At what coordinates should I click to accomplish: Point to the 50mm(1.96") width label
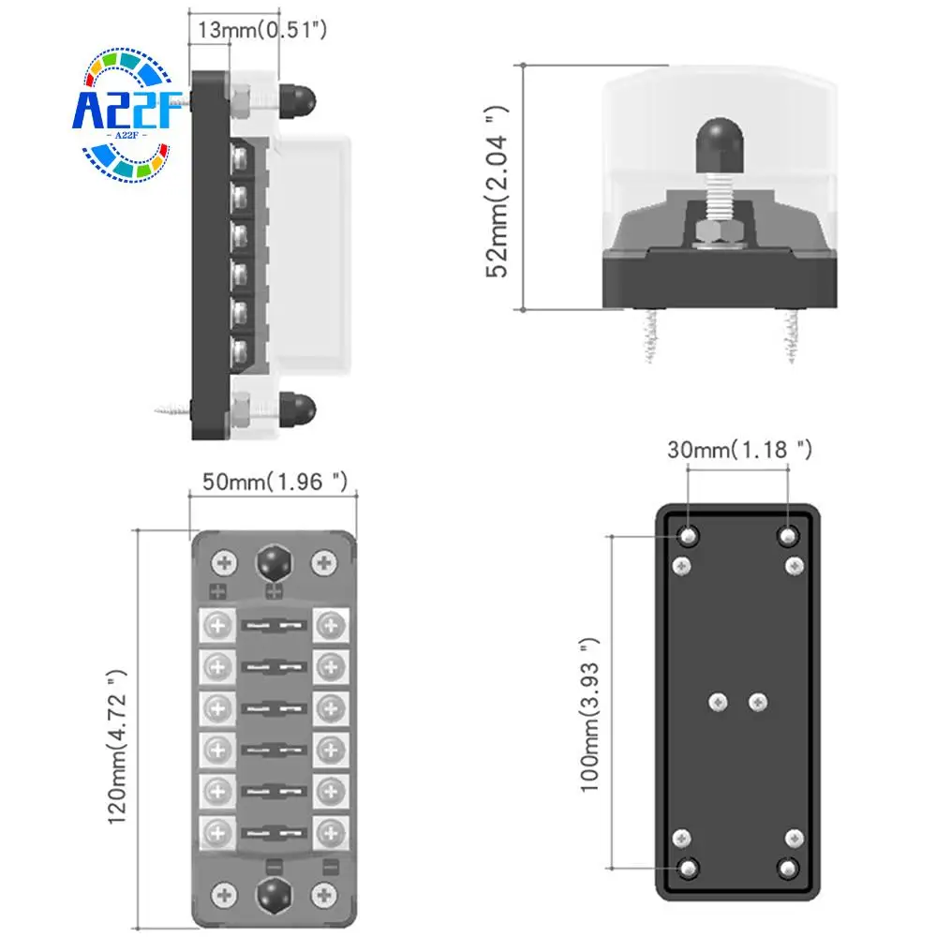click(x=275, y=483)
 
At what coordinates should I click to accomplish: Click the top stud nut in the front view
click(x=273, y=563)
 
